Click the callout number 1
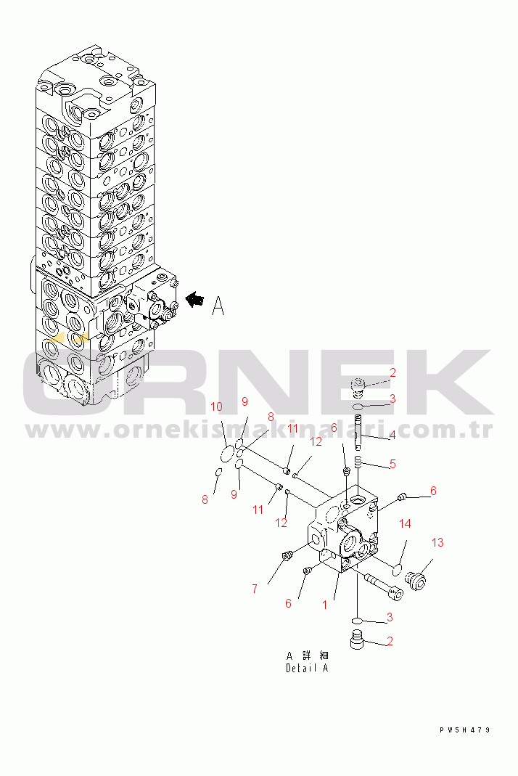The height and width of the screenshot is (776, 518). [324, 605]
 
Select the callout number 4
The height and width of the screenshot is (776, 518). [392, 436]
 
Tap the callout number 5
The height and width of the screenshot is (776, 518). [392, 464]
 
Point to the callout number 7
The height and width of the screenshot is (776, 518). [255, 589]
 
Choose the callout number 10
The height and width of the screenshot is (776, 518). [216, 407]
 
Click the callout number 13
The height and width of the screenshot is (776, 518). [437, 542]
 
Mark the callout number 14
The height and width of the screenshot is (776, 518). [406, 523]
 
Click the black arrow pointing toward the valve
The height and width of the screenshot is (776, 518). [194, 300]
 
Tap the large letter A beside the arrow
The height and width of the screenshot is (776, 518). [218, 306]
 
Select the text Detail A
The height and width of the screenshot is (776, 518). [307, 668]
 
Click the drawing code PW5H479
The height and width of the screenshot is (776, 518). [464, 730]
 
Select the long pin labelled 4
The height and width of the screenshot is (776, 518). [358, 432]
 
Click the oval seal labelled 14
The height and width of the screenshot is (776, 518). [397, 571]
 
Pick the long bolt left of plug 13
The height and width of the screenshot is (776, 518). [384, 587]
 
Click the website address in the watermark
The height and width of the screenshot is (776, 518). [259, 431]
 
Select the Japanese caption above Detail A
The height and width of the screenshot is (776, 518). [307, 655]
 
